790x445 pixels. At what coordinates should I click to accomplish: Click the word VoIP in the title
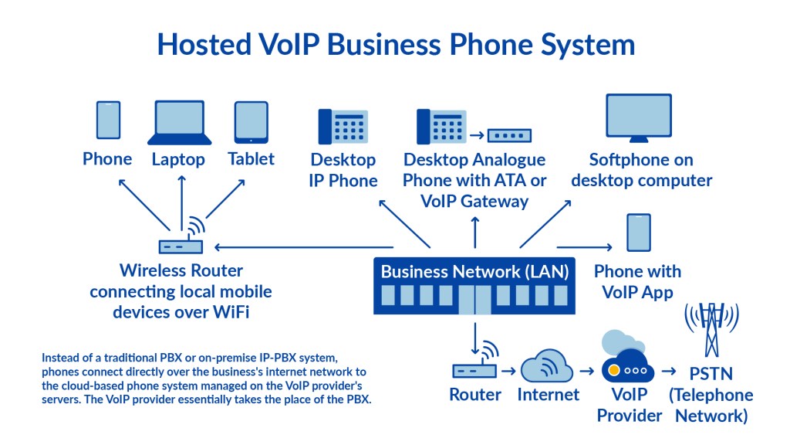(283, 44)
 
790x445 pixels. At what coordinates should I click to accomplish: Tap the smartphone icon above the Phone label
(108, 121)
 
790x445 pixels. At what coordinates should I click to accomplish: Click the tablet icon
(252, 122)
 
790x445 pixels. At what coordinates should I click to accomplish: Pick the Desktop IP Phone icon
(343, 126)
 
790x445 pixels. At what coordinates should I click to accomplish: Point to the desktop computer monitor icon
(639, 119)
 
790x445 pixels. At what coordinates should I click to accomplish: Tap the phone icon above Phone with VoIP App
(638, 233)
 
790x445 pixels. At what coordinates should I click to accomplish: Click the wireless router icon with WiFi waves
(182, 239)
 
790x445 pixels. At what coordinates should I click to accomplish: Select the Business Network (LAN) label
(474, 271)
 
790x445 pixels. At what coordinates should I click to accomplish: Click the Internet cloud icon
(548, 368)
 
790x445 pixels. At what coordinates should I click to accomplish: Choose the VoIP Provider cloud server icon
(626, 363)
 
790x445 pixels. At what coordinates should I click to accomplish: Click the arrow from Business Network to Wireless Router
(293, 247)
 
